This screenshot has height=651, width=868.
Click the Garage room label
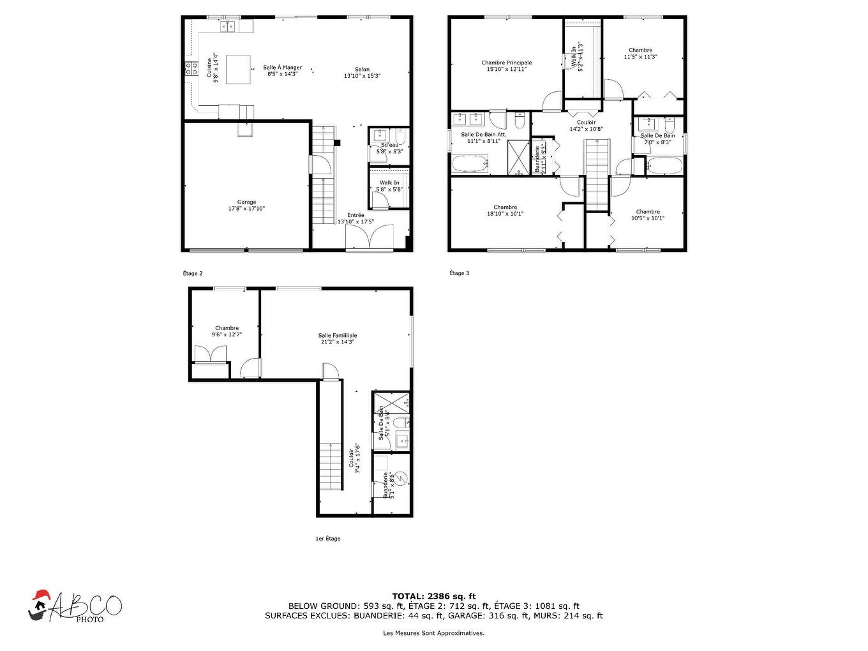click(246, 205)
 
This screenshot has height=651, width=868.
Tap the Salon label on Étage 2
click(362, 72)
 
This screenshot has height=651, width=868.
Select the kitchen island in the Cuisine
click(238, 69)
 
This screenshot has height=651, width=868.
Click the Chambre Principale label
click(506, 66)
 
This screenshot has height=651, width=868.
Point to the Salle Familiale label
click(338, 338)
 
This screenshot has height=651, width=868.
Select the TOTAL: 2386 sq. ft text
click(433, 596)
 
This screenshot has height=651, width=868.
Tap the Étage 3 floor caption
click(459, 273)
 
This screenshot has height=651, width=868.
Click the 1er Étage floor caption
click(328, 539)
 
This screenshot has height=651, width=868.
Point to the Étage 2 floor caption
click(192, 273)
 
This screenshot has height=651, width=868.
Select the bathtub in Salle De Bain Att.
click(470, 165)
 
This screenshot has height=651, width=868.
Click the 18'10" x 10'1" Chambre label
click(505, 210)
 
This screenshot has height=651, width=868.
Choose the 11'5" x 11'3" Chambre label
click(640, 54)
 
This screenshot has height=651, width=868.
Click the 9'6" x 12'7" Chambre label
click(227, 331)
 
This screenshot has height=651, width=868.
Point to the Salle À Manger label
click(282, 70)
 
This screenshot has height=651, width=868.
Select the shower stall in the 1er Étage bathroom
click(391, 403)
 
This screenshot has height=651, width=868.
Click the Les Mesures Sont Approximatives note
click(433, 633)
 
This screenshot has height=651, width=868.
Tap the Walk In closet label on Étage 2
click(389, 186)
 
